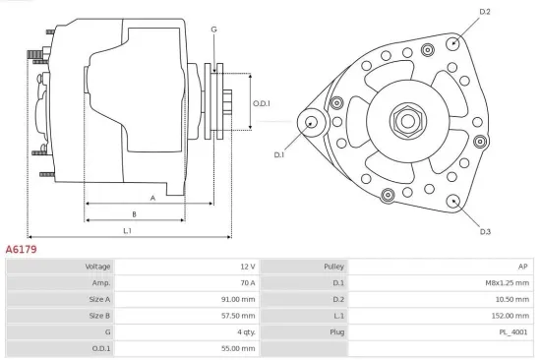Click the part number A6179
[22, 251]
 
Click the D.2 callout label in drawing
[484, 12]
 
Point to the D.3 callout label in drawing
[485, 231]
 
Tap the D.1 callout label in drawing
[279, 154]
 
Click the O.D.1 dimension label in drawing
[262, 103]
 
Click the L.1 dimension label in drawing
[128, 230]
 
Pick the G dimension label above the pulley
[213, 30]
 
